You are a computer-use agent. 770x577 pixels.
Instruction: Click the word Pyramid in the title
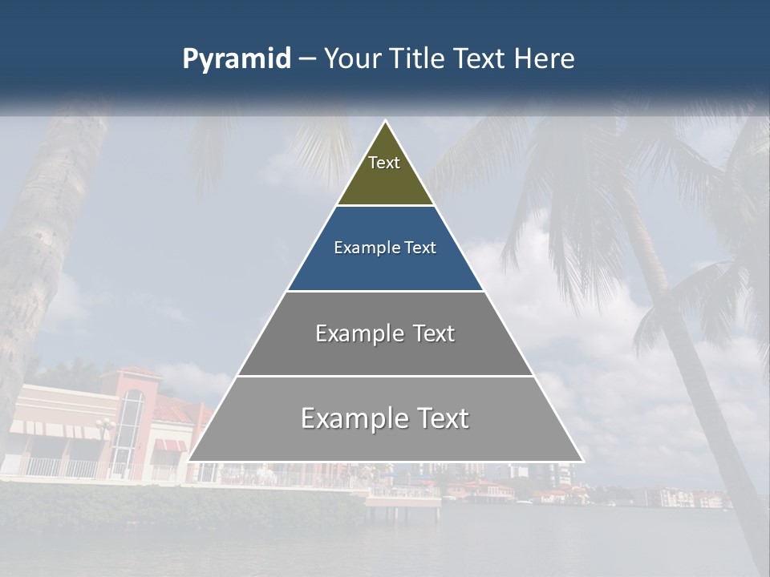(236, 59)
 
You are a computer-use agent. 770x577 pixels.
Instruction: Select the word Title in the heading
(423, 59)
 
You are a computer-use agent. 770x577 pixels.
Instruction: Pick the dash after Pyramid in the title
(307, 59)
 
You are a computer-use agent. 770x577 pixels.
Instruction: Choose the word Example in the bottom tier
(351, 418)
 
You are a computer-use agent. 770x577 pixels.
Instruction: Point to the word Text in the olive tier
(384, 163)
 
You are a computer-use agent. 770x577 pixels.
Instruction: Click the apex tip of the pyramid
(385, 123)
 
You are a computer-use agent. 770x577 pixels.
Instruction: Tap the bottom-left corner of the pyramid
(189, 460)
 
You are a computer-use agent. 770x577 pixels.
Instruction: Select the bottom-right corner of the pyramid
(582, 460)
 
